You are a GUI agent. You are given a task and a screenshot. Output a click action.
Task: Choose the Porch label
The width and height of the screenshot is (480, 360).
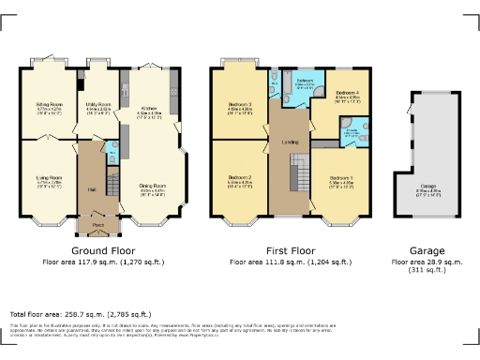pos(98,225)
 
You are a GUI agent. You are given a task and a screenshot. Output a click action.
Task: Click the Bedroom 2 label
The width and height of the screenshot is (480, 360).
pos(241,177)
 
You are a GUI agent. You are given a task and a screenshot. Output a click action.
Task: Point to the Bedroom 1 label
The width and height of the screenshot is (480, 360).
pos(341,177)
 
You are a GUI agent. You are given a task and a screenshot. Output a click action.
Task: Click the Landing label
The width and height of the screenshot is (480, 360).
pos(291,142)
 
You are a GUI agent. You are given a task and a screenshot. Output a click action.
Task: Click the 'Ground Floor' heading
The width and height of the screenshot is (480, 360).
pos(103,251)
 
